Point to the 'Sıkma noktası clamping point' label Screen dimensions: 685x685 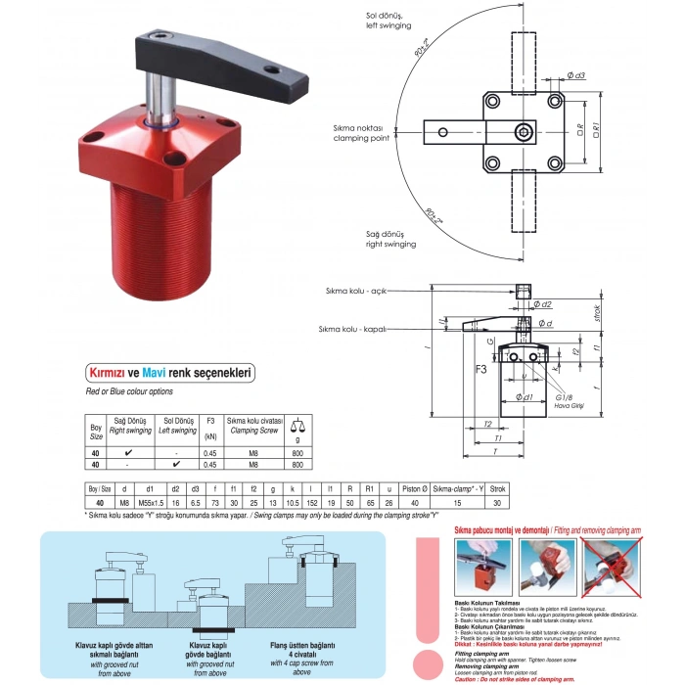click(358, 132)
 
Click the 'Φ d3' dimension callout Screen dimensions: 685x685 click(576, 75)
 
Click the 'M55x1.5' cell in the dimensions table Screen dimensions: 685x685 click(149, 501)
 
